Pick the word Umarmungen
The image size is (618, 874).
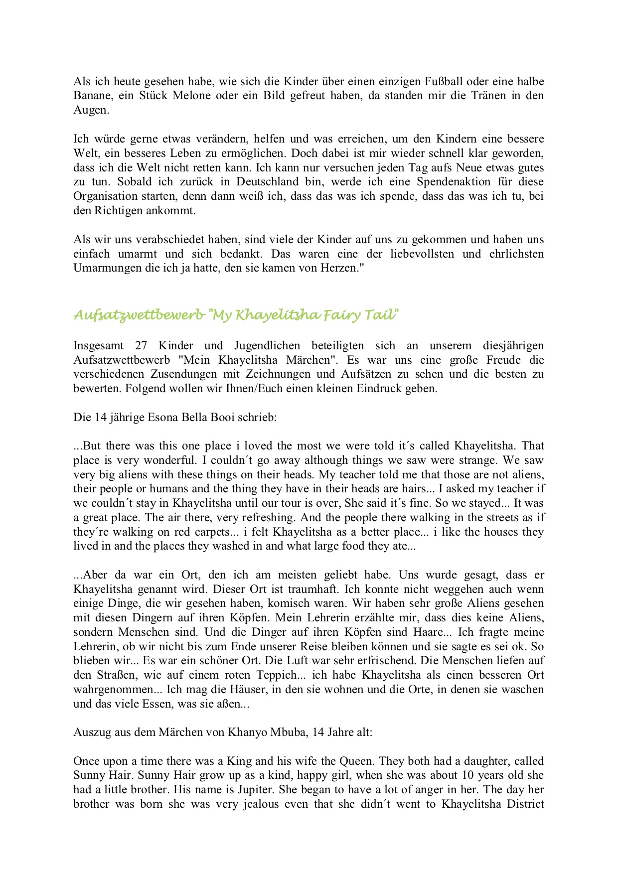[x=101, y=268]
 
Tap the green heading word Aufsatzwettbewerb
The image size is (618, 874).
[x=139, y=315]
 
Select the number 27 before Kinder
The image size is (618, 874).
[x=142, y=346]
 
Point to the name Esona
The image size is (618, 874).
[x=164, y=417]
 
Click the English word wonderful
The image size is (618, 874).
[x=170, y=460]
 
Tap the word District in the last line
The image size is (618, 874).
[x=525, y=804]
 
